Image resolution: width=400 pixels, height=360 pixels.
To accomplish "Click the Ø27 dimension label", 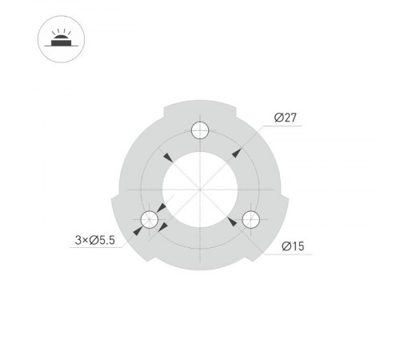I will [x=286, y=118].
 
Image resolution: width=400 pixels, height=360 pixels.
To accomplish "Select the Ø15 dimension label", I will [x=293, y=246].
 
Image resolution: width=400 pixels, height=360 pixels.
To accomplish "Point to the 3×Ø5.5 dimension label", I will [x=95, y=239].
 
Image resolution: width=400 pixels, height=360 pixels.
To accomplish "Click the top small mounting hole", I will [x=200, y=130].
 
